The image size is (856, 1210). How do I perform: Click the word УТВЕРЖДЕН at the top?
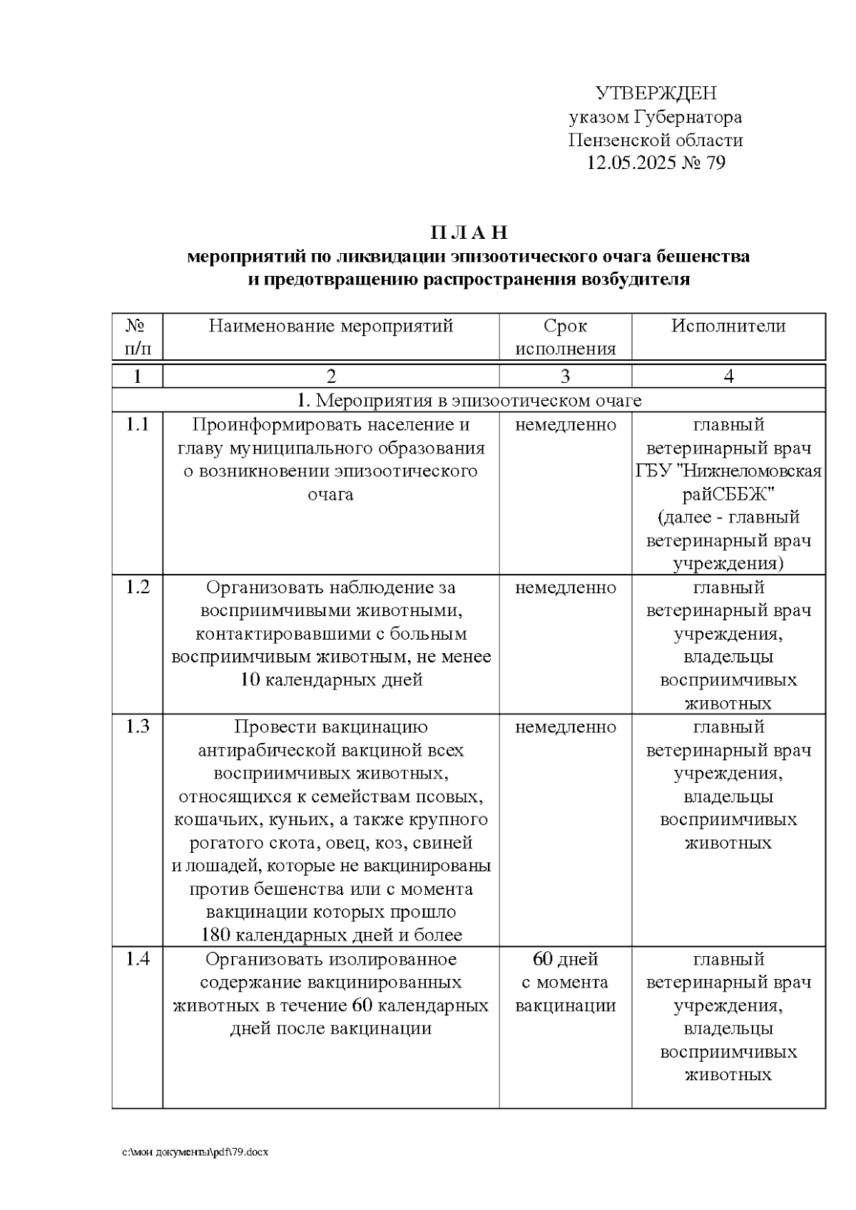(x=656, y=93)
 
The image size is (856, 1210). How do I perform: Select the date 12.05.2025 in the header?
(x=631, y=163)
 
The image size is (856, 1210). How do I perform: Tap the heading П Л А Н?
(x=469, y=232)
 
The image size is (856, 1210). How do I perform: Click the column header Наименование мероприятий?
(x=331, y=327)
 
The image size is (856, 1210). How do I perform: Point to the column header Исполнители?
(x=728, y=327)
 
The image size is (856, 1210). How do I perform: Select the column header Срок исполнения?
(x=565, y=337)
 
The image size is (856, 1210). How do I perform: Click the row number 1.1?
(x=138, y=425)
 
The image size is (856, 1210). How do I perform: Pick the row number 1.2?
(x=138, y=588)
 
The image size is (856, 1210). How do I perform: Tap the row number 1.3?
(x=138, y=727)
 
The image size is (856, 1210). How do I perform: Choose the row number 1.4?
(x=138, y=959)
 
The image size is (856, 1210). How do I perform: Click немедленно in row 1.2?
(x=565, y=588)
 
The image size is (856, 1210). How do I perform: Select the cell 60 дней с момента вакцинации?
(x=565, y=983)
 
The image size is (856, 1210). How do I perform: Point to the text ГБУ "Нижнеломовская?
(x=728, y=471)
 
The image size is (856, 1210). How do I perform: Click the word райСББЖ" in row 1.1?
(x=728, y=494)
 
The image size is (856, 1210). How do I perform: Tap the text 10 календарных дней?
(x=331, y=680)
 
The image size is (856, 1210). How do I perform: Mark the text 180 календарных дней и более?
(x=331, y=935)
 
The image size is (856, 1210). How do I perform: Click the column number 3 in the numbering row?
(x=565, y=376)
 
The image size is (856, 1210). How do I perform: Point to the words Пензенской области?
(x=656, y=140)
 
